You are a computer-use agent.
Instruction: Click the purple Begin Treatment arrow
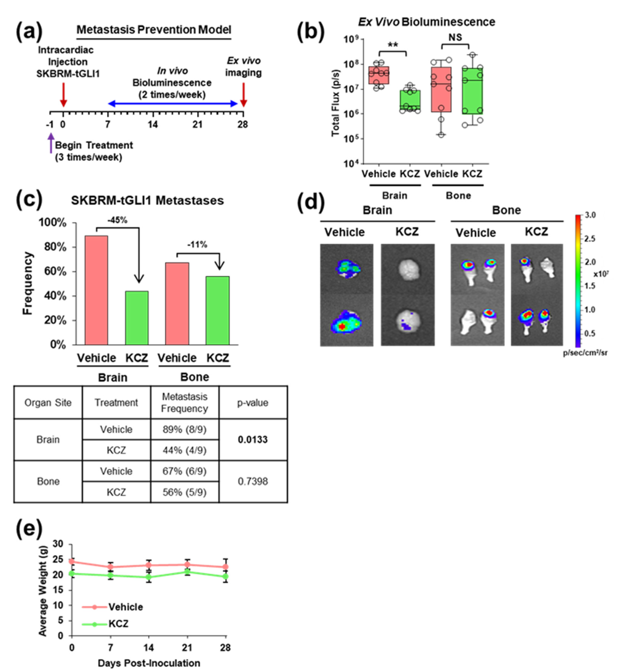tap(51, 143)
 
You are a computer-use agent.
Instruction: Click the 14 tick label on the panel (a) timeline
tap(153, 125)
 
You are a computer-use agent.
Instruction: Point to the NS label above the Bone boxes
tap(455, 37)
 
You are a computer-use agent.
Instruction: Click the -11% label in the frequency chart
tap(197, 245)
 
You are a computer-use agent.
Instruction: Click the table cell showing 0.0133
tap(253, 439)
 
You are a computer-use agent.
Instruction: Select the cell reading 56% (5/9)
tap(185, 492)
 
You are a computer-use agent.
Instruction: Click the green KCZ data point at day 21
tap(187, 572)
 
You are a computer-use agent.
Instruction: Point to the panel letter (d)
tap(311, 202)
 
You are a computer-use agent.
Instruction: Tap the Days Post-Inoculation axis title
tap(149, 663)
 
